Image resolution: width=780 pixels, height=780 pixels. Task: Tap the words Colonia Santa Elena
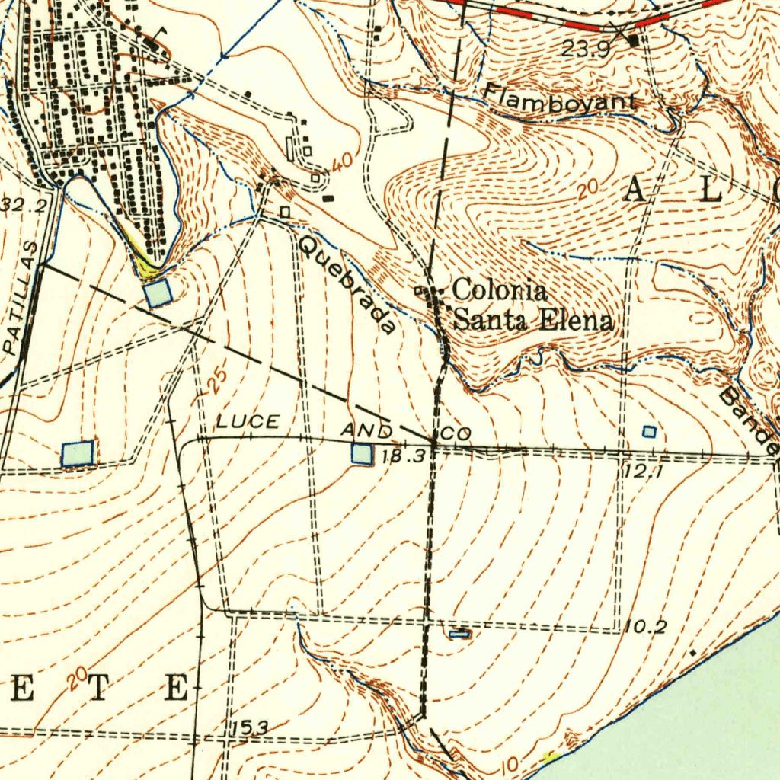coord(532,305)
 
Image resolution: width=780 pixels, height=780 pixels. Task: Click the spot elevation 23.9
coord(587,50)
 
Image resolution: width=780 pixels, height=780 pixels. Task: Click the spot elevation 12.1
coord(636,472)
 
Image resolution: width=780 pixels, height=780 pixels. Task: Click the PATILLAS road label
coord(21,298)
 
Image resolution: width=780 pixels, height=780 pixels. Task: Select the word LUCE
coord(248,422)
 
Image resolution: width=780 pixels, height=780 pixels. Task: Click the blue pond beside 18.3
coord(363,454)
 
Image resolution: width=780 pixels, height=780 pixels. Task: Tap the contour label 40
coord(343,161)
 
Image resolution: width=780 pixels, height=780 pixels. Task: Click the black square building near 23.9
coord(634,41)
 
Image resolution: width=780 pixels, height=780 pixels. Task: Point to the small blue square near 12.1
coord(649,432)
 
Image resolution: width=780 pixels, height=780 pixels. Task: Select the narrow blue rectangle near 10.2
coord(459,633)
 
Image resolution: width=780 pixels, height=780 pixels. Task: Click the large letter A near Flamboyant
coord(635,190)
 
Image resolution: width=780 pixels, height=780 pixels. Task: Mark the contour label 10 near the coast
coord(512,764)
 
